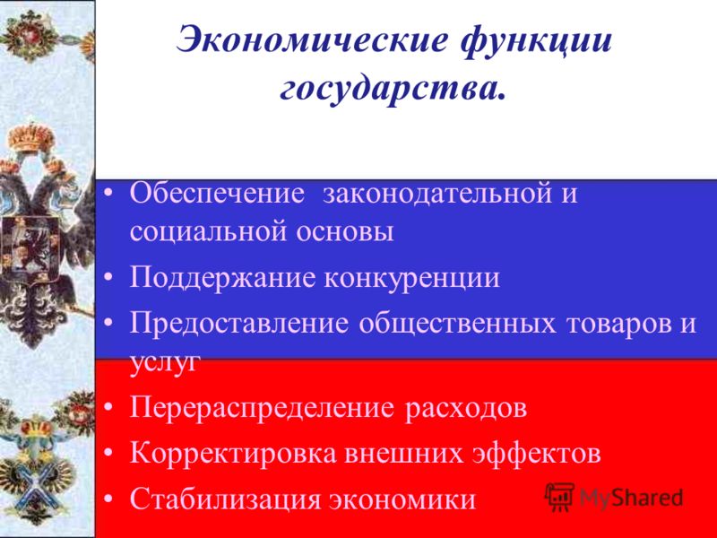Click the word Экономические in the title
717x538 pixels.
click(312, 39)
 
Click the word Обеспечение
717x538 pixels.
click(217, 193)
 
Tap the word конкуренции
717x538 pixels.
click(412, 279)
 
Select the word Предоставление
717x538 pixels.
click(238, 324)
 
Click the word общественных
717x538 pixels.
click(457, 325)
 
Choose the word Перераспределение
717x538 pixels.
click(262, 409)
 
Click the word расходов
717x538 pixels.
click(465, 409)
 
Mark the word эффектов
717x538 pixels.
click(536, 454)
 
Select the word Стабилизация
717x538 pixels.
click(225, 499)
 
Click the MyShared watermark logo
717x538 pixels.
click(614, 498)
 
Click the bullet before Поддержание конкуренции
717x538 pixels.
click(108, 278)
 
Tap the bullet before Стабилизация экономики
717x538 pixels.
click(108, 499)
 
